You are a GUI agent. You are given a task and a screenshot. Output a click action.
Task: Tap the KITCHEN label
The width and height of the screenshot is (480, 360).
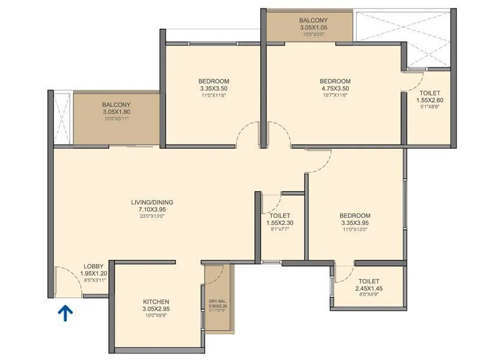pyautogui.click(x=155, y=301)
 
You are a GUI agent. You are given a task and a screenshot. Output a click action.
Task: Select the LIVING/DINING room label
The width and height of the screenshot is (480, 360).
pyautogui.click(x=156, y=202)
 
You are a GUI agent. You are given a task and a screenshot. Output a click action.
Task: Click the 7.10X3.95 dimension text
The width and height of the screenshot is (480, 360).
pyautogui.click(x=156, y=209)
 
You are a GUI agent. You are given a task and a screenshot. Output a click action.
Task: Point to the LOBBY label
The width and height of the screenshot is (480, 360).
pyautogui.click(x=93, y=266)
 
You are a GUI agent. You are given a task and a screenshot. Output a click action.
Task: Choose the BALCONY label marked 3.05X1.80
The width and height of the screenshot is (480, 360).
pyautogui.click(x=116, y=104)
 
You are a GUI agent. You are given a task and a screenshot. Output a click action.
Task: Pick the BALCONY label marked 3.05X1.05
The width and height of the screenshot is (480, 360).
pyautogui.click(x=313, y=20)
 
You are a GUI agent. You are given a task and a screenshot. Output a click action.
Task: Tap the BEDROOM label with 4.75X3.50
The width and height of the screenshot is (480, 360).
pyautogui.click(x=335, y=82)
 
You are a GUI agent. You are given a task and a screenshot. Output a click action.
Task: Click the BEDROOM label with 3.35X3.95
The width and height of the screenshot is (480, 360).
pyautogui.click(x=355, y=215)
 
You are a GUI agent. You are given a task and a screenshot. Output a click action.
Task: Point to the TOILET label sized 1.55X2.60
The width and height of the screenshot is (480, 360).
pyautogui.click(x=429, y=94)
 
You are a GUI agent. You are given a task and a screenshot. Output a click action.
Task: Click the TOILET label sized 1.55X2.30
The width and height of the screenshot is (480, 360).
pyautogui.click(x=280, y=215)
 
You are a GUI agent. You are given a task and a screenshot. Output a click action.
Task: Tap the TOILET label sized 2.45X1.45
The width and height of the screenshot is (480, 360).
pyautogui.click(x=368, y=281)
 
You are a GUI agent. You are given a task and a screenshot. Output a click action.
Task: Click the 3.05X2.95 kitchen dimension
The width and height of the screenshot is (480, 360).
pyautogui.click(x=155, y=308)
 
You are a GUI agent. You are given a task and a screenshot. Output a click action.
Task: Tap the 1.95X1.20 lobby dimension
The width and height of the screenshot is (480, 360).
pyautogui.click(x=93, y=273)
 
